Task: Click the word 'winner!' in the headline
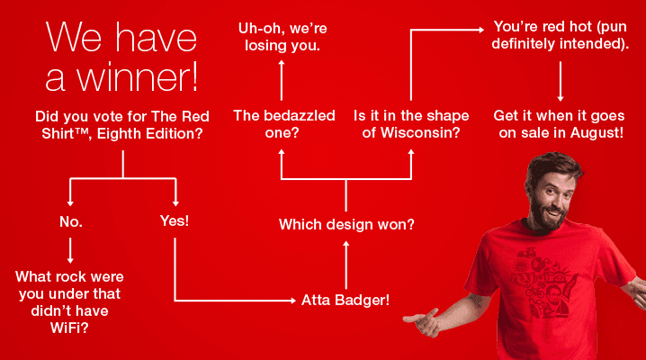click(x=138, y=77)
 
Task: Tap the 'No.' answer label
click(x=71, y=222)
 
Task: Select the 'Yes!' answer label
click(x=175, y=220)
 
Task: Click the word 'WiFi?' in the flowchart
click(x=69, y=328)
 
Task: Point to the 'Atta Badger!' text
click(x=345, y=300)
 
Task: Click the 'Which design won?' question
click(x=346, y=224)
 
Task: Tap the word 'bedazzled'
click(x=300, y=116)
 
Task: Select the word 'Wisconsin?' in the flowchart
click(x=420, y=132)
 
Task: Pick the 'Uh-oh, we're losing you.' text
click(x=283, y=37)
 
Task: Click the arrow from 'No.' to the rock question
click(x=70, y=250)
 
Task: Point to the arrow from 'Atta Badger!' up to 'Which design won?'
click(x=346, y=265)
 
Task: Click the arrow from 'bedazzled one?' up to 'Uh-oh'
click(x=282, y=80)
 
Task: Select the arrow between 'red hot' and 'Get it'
click(x=561, y=81)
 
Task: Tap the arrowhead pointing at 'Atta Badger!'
click(x=293, y=301)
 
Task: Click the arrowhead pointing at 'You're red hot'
click(x=480, y=30)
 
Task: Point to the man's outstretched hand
click(x=422, y=320)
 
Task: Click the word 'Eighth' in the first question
click(x=117, y=134)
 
